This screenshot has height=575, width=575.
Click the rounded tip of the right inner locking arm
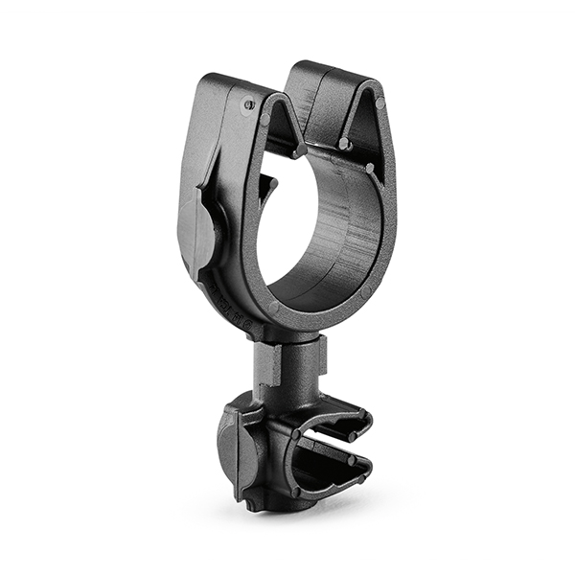point(344,144)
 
